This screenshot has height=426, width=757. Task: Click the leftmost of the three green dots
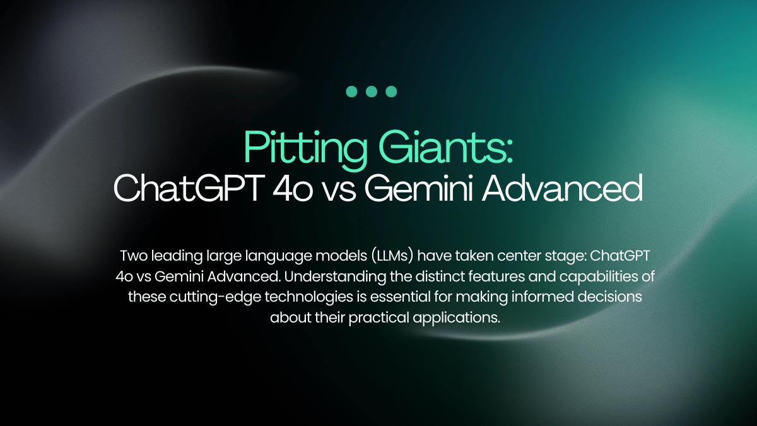click(351, 92)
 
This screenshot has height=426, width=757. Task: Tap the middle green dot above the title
click(372, 92)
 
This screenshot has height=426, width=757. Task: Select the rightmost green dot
click(391, 92)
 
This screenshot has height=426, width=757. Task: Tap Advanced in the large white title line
click(562, 188)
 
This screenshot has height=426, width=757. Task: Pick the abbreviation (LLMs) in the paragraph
click(392, 256)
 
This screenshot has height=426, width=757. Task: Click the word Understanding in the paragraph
click(335, 276)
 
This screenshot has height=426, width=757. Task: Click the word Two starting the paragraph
click(134, 256)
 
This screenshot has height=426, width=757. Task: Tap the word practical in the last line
click(379, 318)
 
